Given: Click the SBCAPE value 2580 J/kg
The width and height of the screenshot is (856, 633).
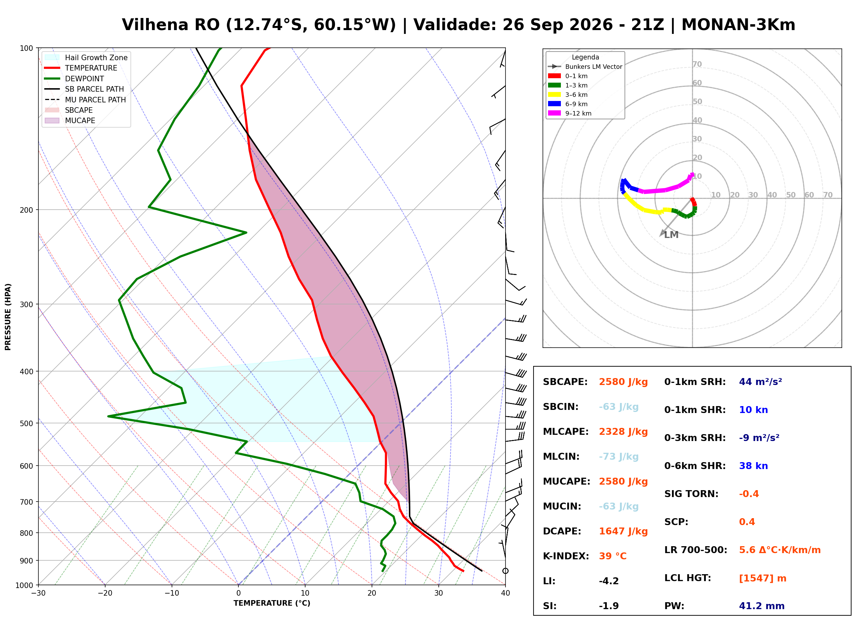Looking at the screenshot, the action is tap(623, 382).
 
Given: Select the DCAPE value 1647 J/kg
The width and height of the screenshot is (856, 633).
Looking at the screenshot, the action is tap(623, 531).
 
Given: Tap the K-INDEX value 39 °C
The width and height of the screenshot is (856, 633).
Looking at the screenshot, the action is tap(613, 556).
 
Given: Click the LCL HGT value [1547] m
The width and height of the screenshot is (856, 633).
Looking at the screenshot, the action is tap(763, 578).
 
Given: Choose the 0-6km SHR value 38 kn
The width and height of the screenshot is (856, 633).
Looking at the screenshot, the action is tap(753, 466).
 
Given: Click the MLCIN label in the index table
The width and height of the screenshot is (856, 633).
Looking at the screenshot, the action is tap(561, 457).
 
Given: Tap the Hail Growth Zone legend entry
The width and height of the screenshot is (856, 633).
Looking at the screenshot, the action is tap(86, 57).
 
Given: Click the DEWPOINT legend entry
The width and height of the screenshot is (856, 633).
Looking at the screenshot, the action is tap(74, 79).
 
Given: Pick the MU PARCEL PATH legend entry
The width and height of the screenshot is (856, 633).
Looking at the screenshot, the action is tap(85, 100).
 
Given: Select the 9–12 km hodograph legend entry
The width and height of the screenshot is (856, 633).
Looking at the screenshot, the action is tap(570, 113).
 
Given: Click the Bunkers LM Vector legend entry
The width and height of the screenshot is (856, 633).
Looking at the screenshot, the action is tap(585, 67).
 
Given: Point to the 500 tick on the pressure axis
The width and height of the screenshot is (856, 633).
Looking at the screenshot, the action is tap(27, 423).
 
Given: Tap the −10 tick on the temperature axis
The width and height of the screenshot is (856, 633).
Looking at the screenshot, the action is tap(172, 593).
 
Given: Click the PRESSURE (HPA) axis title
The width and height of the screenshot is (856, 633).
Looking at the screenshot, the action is tap(8, 317).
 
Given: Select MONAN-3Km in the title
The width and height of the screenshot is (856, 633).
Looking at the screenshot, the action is tap(738, 25).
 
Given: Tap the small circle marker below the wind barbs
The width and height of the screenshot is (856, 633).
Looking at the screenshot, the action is tap(506, 571).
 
